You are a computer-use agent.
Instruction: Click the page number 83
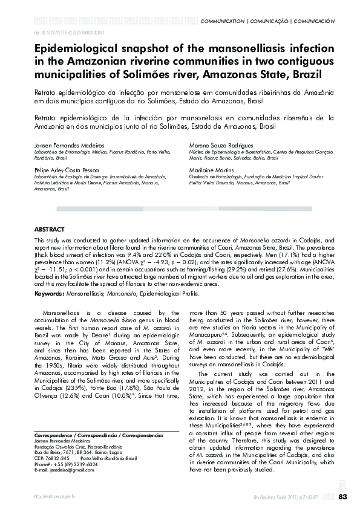[342, 497]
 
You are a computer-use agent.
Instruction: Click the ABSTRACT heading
[48, 230]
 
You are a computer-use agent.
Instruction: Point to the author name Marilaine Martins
[211, 170]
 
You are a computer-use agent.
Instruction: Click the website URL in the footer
[54, 497]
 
